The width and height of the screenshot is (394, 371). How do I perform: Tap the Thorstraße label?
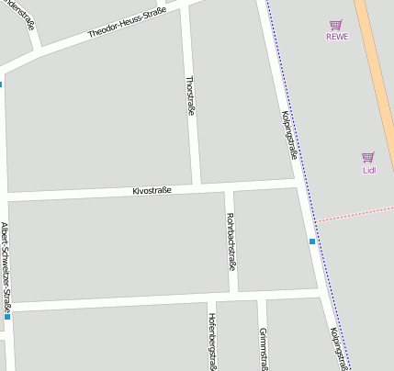[x=191, y=96]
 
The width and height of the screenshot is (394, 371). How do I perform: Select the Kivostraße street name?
[x=152, y=190]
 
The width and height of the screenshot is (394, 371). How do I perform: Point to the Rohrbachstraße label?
[x=230, y=242]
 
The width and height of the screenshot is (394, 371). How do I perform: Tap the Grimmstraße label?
[x=263, y=347]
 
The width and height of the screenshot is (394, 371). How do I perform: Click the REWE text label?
[x=336, y=38]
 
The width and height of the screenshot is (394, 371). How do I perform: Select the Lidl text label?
[x=368, y=169]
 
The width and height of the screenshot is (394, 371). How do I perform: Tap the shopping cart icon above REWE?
[x=336, y=26]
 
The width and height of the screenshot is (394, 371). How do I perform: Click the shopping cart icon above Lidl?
[x=368, y=157]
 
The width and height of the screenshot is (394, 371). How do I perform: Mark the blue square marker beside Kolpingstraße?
[x=312, y=242]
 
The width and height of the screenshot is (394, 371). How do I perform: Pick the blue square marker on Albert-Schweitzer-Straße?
[x=6, y=316]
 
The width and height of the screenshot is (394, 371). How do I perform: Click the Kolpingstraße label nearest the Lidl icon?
[x=288, y=135]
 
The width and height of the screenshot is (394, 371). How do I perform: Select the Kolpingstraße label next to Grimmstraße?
[x=337, y=349]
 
